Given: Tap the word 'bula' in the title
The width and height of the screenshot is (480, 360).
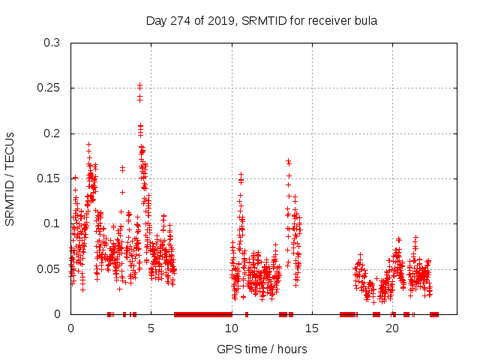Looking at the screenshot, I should tap(364, 20).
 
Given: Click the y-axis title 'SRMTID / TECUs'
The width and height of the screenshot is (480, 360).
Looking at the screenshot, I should tap(10, 178).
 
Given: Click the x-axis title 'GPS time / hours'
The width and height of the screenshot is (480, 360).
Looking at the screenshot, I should tap(262, 349).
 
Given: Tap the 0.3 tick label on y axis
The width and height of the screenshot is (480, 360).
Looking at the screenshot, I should tap(51, 43).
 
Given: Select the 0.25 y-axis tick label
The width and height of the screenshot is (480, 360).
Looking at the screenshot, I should tap(48, 88).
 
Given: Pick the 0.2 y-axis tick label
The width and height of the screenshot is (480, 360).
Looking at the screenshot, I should tap(51, 133).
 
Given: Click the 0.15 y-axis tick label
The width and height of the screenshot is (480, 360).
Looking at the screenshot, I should tap(48, 178).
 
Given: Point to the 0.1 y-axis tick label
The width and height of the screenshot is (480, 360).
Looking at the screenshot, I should tap(51, 223).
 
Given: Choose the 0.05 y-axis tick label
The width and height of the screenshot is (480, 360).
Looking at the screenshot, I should tap(48, 268).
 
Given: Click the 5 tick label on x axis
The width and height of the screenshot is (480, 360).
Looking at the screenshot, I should tap(151, 328).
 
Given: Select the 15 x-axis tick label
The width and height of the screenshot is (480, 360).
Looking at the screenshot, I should tap(312, 328).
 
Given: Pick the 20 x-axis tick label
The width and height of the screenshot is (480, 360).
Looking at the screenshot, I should tap(392, 328).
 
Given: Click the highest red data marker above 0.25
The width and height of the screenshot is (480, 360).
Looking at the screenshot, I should tap(139, 85).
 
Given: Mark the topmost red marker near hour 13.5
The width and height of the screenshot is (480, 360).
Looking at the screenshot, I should tap(288, 160).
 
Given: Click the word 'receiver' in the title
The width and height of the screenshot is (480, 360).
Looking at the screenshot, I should tap(325, 20).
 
